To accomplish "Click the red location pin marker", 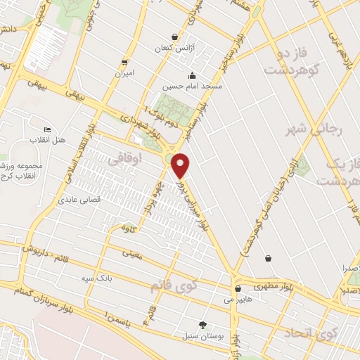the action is [x=181, y=166].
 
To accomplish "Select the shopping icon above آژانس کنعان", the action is [x=174, y=37].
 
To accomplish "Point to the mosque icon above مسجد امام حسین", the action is [x=193, y=76].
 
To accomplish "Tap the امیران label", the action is [x=124, y=73].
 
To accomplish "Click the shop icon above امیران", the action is [x=124, y=62].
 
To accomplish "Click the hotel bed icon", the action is [x=47, y=129].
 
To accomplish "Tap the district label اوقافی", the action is [x=125, y=160].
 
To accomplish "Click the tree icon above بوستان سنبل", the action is [x=203, y=325].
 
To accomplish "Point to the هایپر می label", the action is [x=238, y=299].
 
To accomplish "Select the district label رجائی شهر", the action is [x=307, y=129].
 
